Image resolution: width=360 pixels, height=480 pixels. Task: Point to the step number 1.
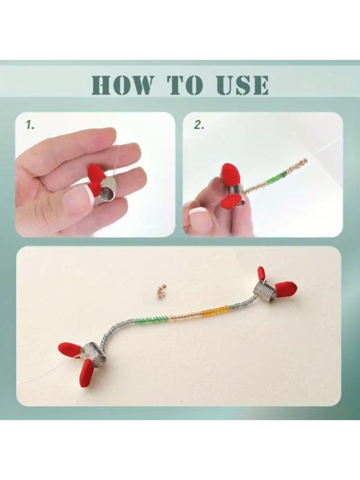click(30, 125)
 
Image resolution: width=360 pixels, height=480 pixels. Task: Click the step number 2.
click(199, 125)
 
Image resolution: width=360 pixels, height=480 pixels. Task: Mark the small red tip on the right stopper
click(261, 273)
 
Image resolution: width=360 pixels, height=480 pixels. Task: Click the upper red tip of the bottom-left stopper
click(70, 349)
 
